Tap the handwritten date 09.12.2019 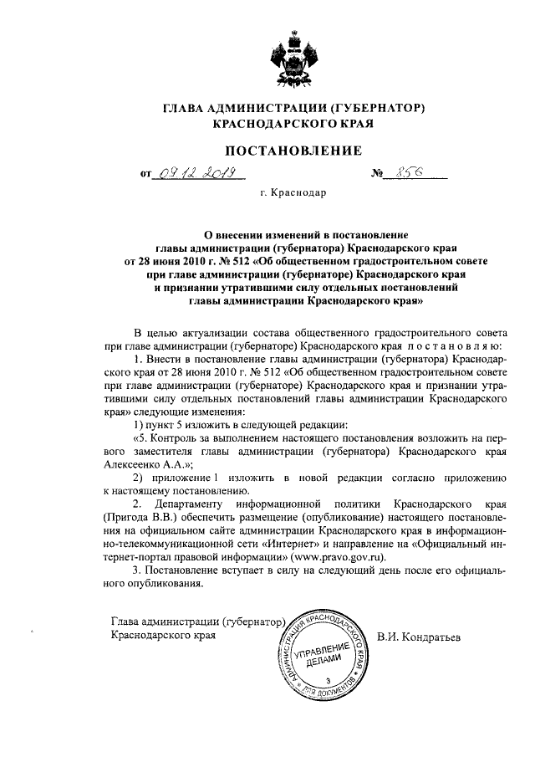195,174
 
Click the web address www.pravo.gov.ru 338,555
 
